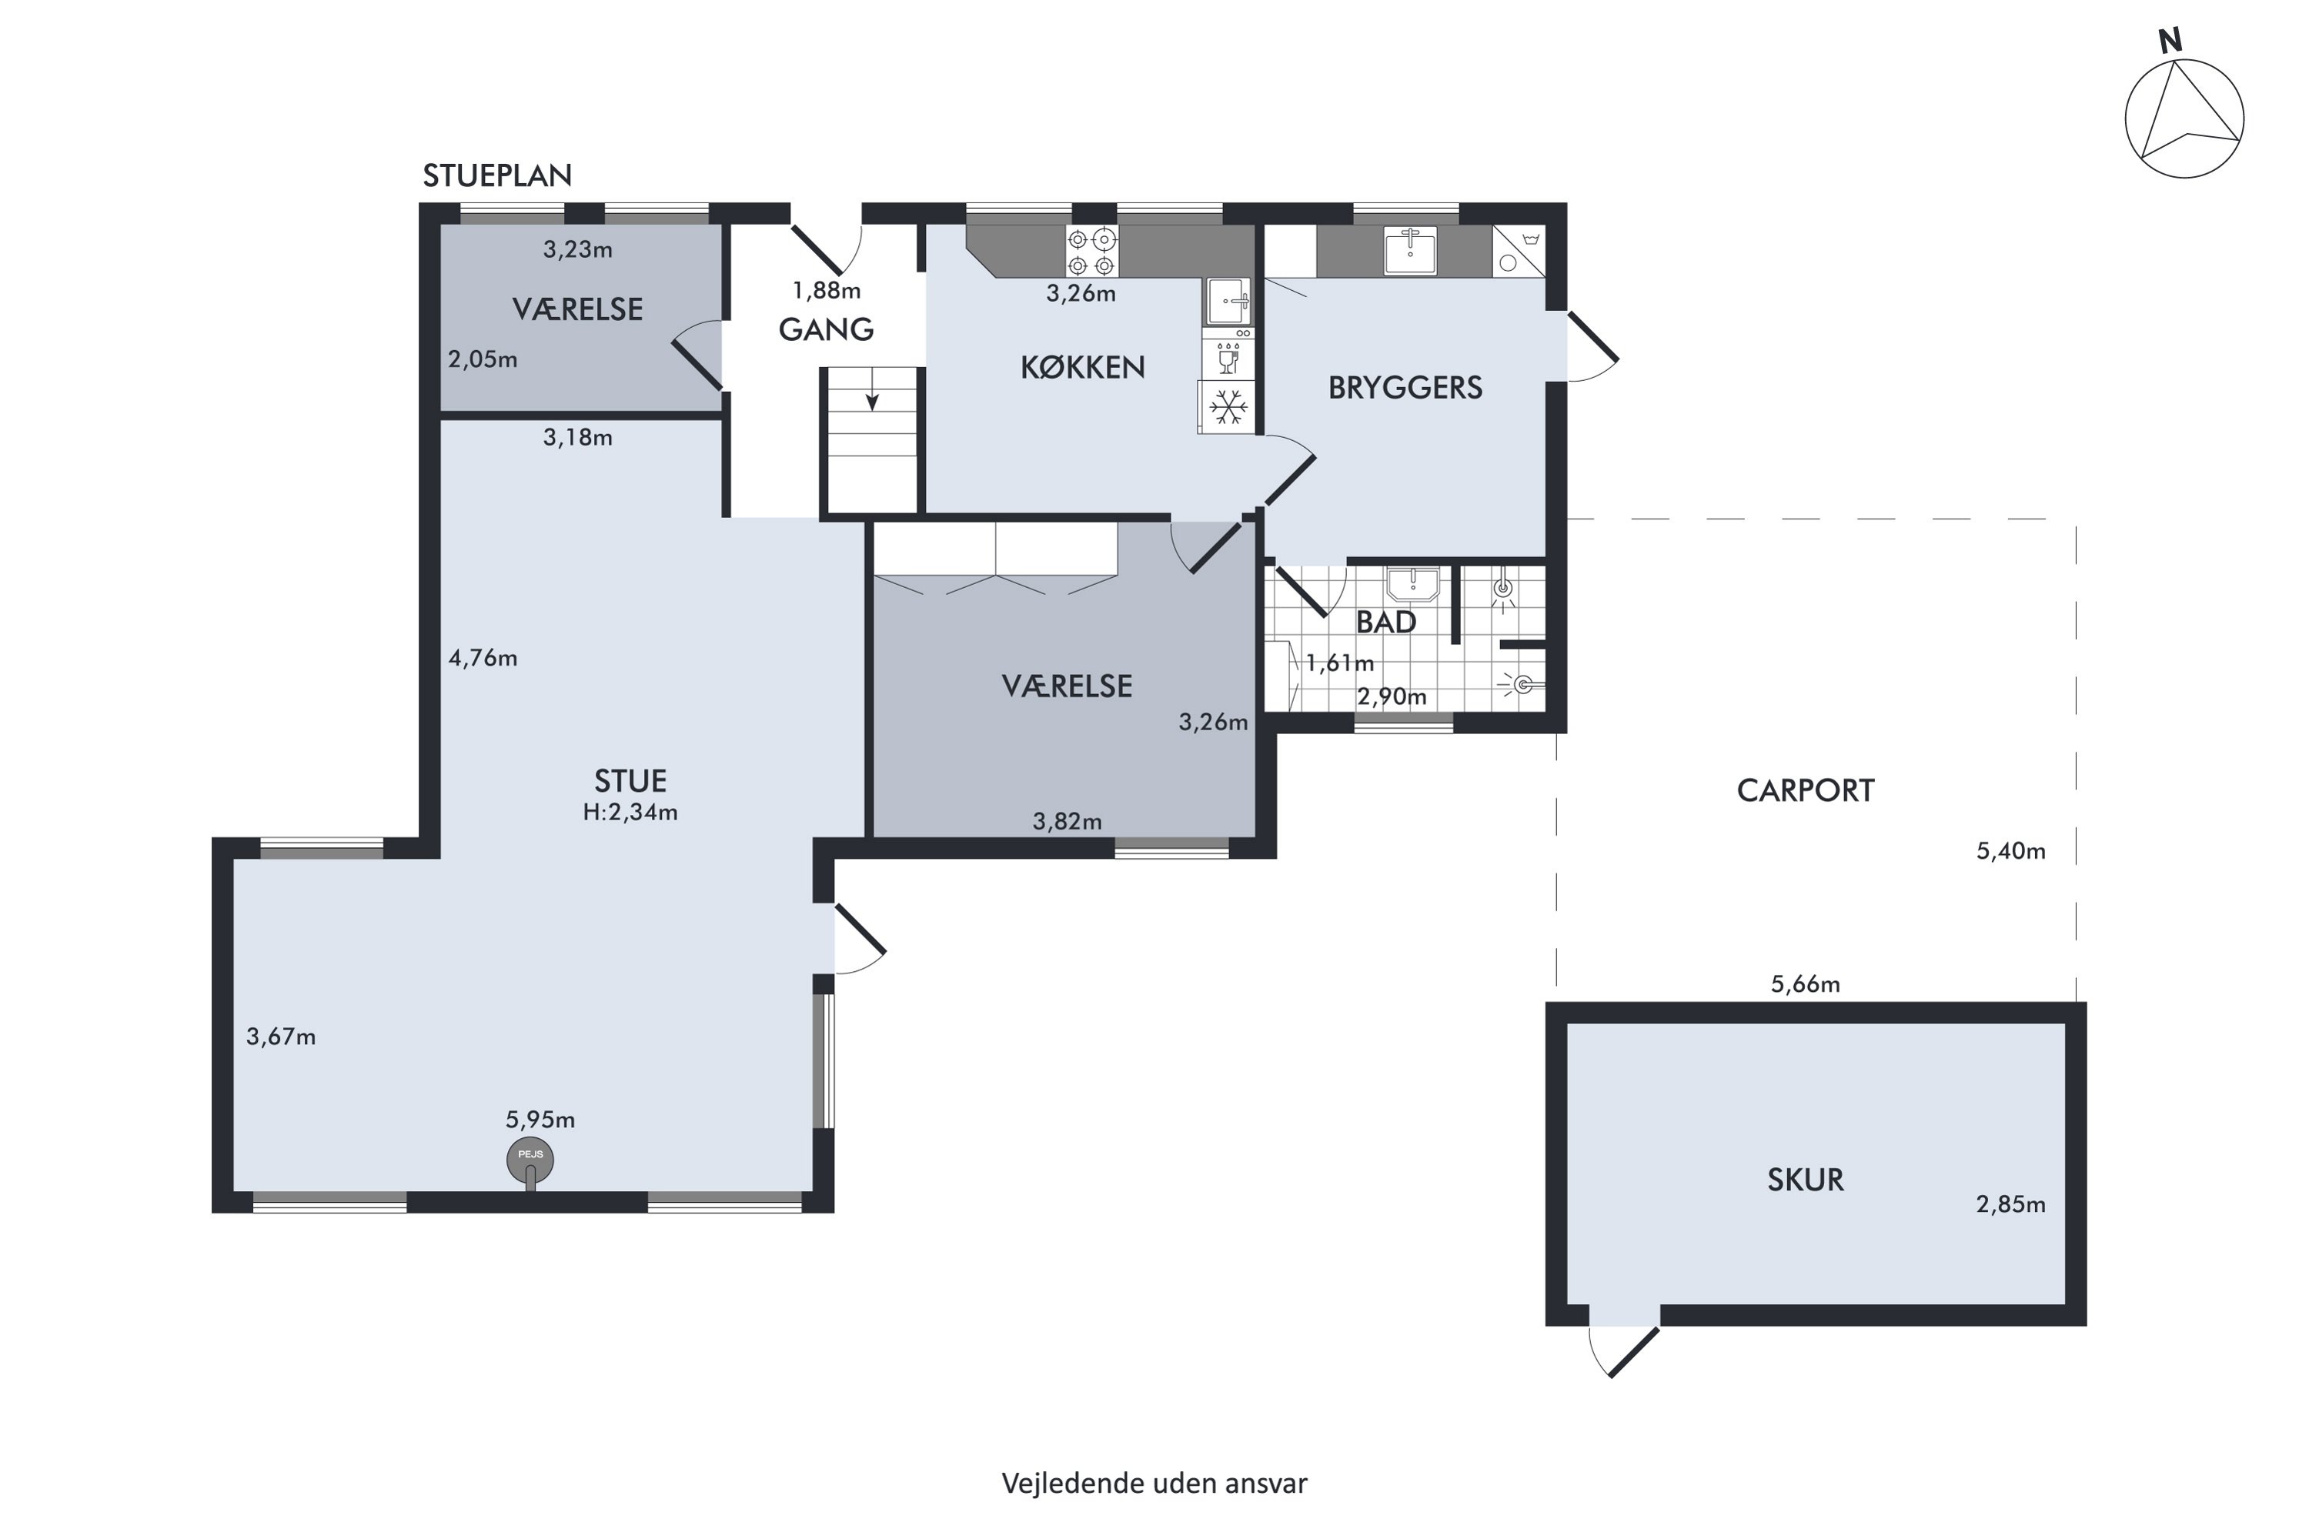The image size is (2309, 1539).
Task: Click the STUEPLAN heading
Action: tap(496, 175)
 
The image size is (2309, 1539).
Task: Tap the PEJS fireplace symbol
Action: tap(530, 1160)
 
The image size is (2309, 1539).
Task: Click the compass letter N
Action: tap(2170, 42)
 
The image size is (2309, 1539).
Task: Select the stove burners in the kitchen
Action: tap(1091, 252)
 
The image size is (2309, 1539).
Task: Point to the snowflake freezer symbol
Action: tap(1227, 406)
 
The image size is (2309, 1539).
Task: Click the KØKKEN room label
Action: tap(1083, 367)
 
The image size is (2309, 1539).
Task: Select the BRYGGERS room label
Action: tap(1405, 388)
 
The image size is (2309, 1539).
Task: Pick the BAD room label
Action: tap(1386, 623)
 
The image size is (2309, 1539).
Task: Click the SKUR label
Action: tap(1806, 1180)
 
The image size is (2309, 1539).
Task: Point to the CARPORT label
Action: tap(1806, 791)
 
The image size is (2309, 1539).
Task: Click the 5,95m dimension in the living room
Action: tap(540, 1120)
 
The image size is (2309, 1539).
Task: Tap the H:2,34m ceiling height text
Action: tap(630, 813)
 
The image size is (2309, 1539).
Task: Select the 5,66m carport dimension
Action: tap(1806, 984)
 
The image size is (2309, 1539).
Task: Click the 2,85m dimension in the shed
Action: tap(2010, 1204)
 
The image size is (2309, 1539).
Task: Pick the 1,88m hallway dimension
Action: tap(827, 291)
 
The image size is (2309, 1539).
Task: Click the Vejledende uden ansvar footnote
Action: tap(1154, 1483)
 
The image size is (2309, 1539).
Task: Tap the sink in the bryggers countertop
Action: tap(1411, 250)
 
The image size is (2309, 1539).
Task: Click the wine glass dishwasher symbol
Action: tap(1227, 359)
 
